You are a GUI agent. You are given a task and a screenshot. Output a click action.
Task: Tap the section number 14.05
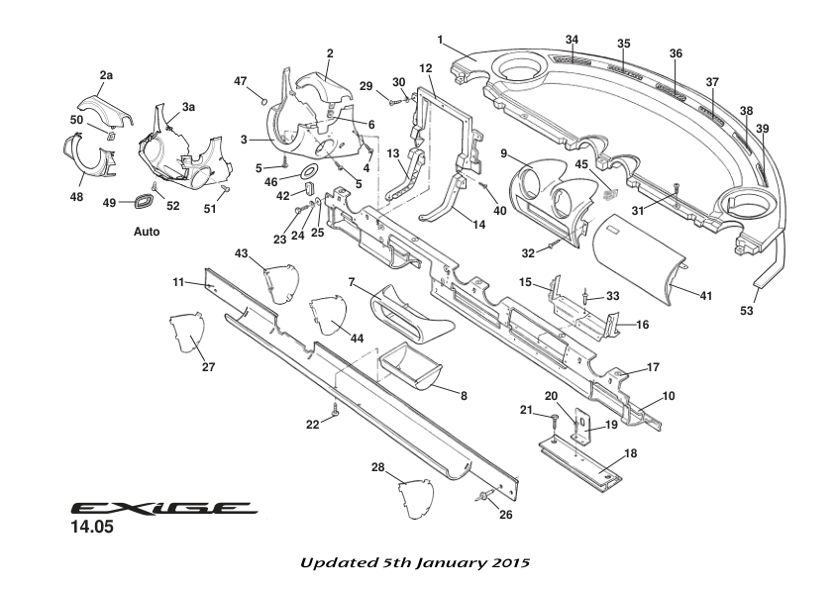click(x=91, y=529)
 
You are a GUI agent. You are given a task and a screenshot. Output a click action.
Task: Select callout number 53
click(x=747, y=311)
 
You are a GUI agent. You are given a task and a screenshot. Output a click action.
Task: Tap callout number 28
click(x=378, y=466)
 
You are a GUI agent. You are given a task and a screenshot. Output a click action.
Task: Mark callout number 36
click(x=676, y=53)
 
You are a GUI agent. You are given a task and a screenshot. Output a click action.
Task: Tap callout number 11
click(x=178, y=282)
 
